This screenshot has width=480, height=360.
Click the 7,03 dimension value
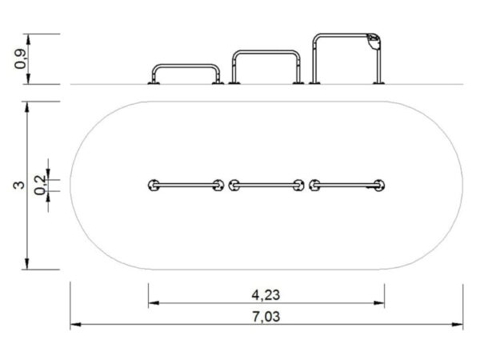tap(266, 315)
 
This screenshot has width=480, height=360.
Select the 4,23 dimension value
tap(266, 294)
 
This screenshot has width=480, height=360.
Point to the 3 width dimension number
tap(18, 186)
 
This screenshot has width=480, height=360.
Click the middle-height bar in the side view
tap(267, 54)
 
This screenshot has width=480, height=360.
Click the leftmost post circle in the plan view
tap(153, 186)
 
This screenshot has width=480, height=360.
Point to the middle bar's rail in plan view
tap(266, 186)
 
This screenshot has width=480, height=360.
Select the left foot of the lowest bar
tap(152, 81)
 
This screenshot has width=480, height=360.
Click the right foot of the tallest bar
tap(378, 81)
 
